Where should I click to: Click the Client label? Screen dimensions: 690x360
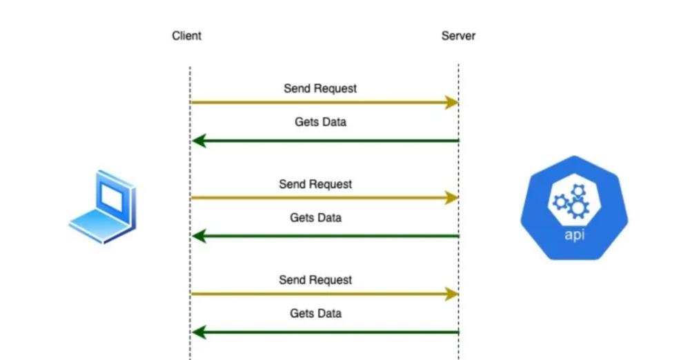click(x=186, y=36)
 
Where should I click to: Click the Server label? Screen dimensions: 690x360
click(x=458, y=36)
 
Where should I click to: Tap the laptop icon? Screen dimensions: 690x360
click(x=103, y=207)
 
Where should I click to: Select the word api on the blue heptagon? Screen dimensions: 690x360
click(x=574, y=234)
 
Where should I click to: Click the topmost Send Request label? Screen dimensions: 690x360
click(x=320, y=88)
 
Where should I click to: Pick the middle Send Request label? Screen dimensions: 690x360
click(x=315, y=184)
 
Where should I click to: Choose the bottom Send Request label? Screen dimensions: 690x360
click(x=315, y=280)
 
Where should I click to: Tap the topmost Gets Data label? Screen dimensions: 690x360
click(x=320, y=122)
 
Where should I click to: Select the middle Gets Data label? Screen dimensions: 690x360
click(x=315, y=217)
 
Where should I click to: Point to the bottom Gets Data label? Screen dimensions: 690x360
click(x=315, y=313)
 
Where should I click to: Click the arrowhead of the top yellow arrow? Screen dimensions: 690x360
click(x=452, y=103)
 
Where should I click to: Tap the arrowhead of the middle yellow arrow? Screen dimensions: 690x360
click(x=452, y=198)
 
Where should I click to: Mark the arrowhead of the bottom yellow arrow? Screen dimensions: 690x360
click(x=452, y=294)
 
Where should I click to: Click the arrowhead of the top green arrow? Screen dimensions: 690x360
click(x=199, y=141)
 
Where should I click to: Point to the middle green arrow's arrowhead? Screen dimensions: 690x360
click(x=199, y=237)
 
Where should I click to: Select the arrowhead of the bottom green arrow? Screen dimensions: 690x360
click(x=199, y=332)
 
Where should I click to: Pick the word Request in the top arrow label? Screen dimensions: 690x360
click(x=337, y=88)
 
